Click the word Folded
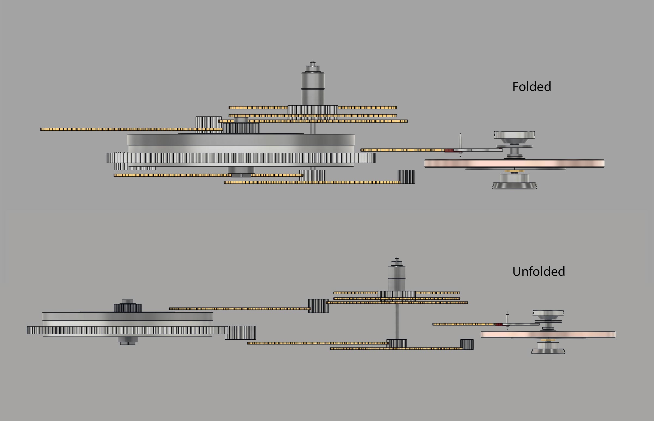[531, 87]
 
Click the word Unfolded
[539, 272]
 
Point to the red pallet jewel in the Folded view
[449, 150]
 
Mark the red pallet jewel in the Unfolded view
[498, 324]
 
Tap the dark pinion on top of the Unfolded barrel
[127, 308]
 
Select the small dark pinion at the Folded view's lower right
[406, 177]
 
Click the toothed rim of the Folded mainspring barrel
[241, 158]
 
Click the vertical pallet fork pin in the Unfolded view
[507, 318]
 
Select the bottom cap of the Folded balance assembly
[514, 186]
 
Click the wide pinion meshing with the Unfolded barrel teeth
[240, 333]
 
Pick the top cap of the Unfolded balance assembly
[548, 312]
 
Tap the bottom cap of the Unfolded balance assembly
[548, 351]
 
